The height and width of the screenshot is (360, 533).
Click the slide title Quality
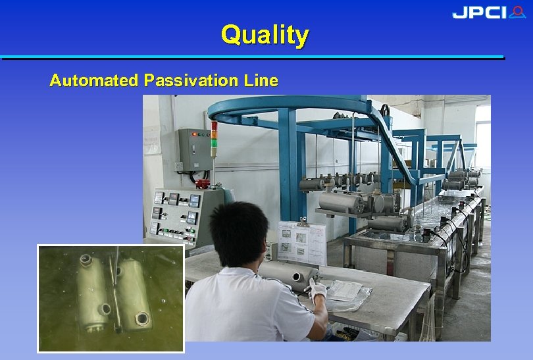tap(265, 34)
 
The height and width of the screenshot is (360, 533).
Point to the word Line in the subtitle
tap(261, 81)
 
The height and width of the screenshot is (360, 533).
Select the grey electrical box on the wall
tap(193, 149)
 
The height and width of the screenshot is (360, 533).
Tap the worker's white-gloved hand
tap(318, 290)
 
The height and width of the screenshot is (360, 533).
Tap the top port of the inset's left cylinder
tap(85, 260)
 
